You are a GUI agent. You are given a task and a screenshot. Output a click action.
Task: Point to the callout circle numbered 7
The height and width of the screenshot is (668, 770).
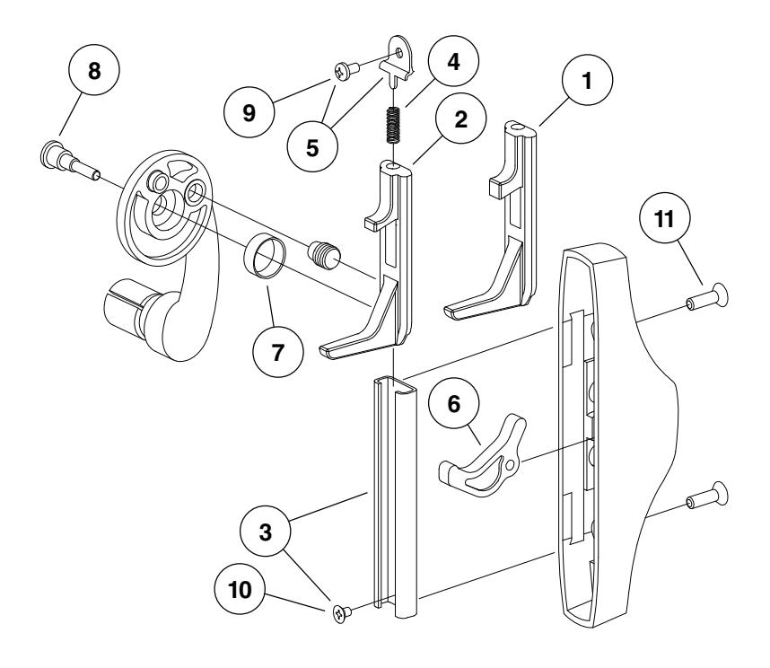tap(276, 351)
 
